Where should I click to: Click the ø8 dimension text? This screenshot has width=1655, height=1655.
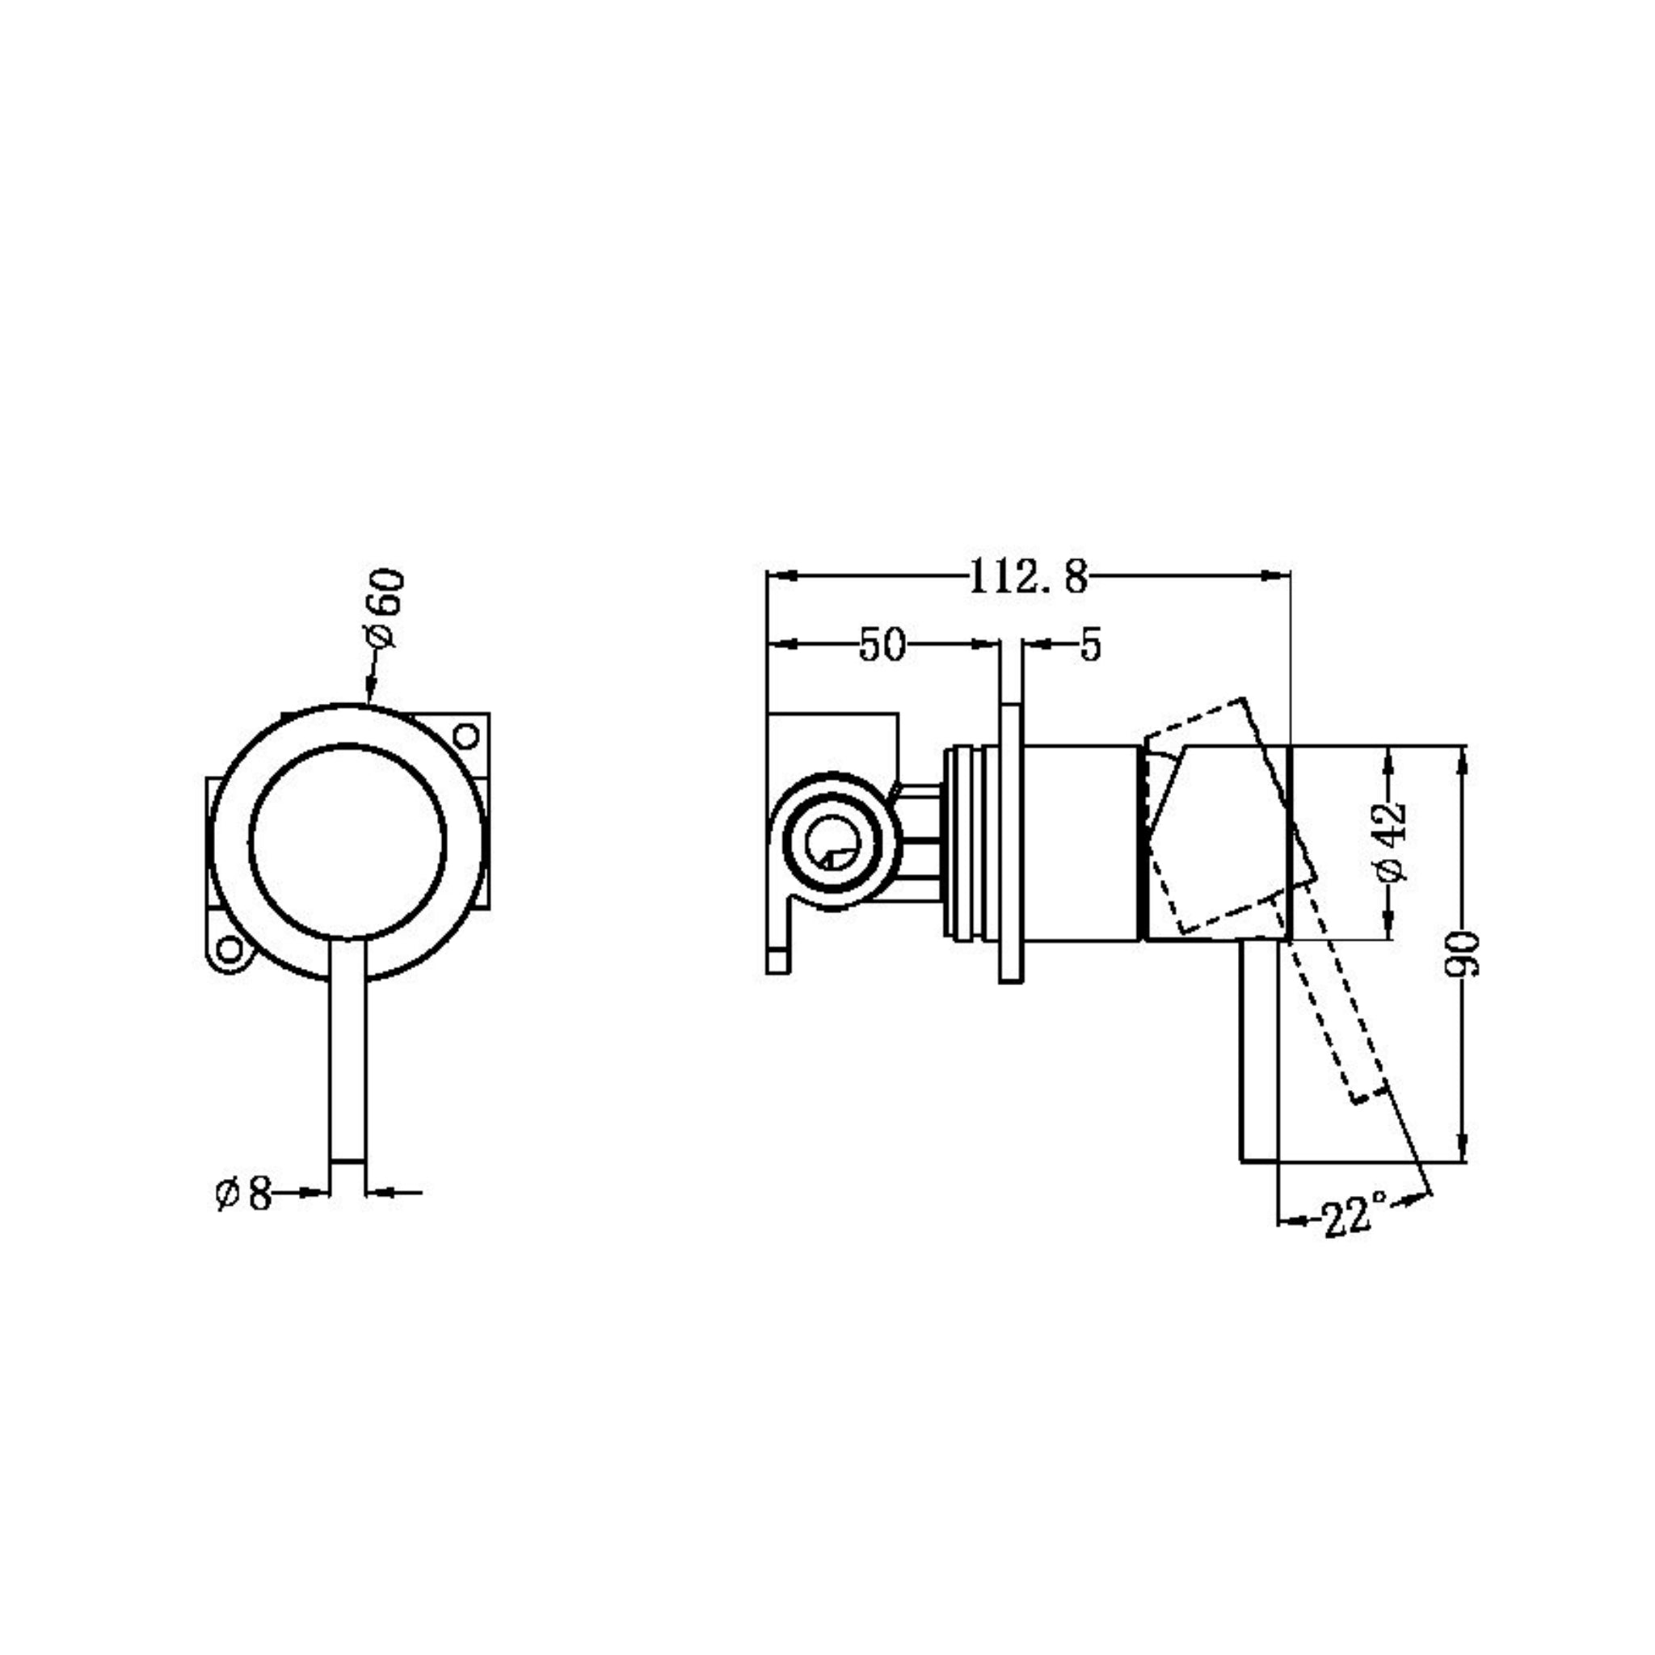[244, 1193]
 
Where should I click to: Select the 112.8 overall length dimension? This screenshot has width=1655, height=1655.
[1028, 577]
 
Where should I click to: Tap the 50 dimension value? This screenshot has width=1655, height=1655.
[882, 645]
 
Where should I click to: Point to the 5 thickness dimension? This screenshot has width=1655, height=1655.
[1089, 645]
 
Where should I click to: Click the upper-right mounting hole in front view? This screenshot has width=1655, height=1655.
[465, 736]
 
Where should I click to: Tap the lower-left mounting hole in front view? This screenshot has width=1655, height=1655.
[230, 950]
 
